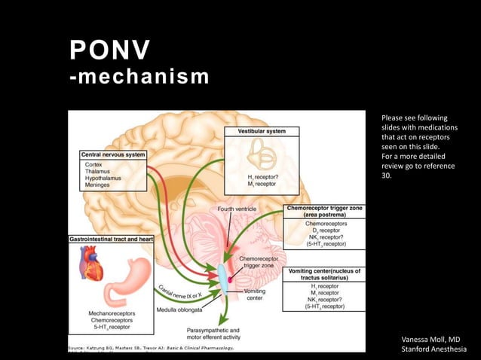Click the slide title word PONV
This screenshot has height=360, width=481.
[x=109, y=50]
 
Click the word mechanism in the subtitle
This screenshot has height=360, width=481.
[x=143, y=76]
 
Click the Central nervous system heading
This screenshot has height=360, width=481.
[x=112, y=154]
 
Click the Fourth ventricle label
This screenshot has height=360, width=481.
[x=237, y=208]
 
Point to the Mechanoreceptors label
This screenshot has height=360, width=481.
[x=112, y=313]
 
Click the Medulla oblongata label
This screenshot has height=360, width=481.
[x=182, y=309]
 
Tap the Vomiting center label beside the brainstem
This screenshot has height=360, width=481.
[x=255, y=294]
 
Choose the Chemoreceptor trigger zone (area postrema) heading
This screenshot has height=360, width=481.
[x=323, y=211]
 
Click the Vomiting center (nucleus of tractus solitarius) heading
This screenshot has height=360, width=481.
[x=325, y=274]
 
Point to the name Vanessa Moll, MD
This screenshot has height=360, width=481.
[x=431, y=340]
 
